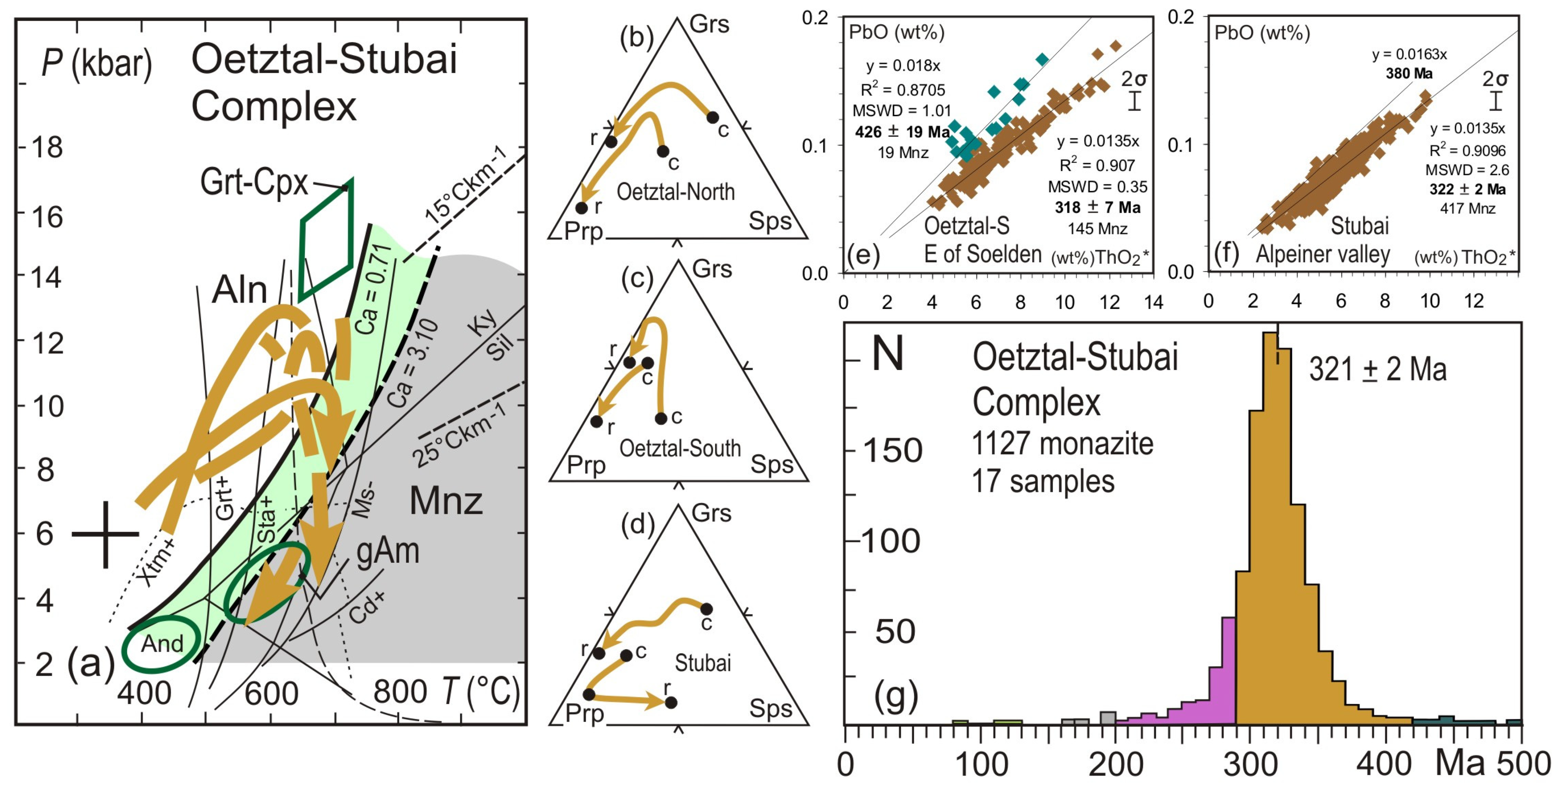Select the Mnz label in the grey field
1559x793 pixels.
(446, 501)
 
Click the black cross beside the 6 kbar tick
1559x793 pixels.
(106, 534)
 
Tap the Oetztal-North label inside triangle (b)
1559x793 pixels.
(675, 192)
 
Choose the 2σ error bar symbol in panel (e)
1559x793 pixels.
(1134, 100)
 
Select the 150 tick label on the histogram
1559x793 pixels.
(892, 451)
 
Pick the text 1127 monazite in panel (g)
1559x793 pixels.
(1062, 444)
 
